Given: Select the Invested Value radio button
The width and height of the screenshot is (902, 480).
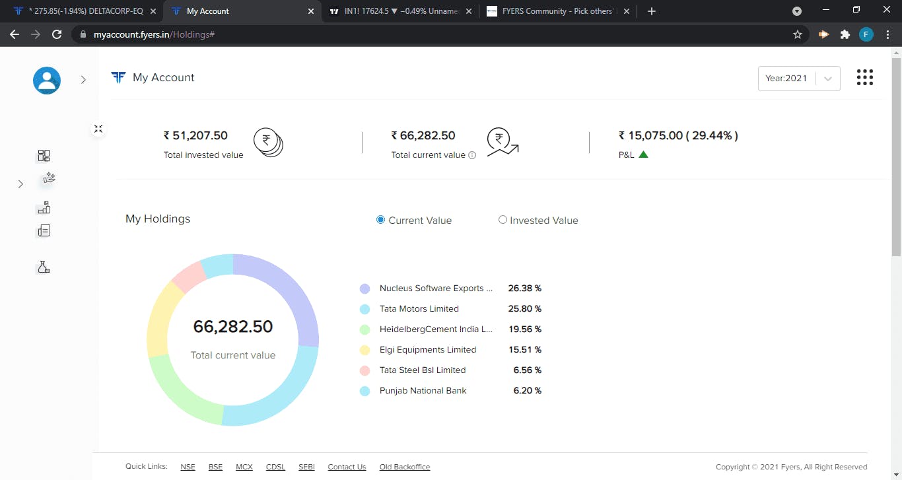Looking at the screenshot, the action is pyautogui.click(x=502, y=220).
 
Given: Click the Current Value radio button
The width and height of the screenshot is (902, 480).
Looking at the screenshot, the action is pyautogui.click(x=380, y=220).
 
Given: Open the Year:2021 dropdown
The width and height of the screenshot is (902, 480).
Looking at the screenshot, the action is pyautogui.click(x=799, y=79).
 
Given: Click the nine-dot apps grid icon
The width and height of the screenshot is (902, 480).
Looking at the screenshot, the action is pyautogui.click(x=864, y=77).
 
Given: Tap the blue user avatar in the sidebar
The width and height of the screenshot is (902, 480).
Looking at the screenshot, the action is pyautogui.click(x=47, y=81).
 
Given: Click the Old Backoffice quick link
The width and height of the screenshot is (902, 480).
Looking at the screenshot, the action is pyautogui.click(x=405, y=467).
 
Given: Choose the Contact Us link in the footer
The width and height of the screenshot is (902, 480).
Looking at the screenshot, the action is pyautogui.click(x=347, y=467).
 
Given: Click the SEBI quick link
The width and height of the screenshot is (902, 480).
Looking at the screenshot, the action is pyautogui.click(x=306, y=467).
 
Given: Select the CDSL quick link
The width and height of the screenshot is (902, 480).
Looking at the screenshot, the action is pyautogui.click(x=275, y=467).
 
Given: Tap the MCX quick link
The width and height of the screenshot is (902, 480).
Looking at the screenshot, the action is pyautogui.click(x=244, y=467).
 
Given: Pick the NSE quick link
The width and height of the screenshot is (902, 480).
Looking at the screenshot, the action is pyautogui.click(x=188, y=467).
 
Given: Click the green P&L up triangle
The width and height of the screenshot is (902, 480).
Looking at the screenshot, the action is pyautogui.click(x=643, y=154).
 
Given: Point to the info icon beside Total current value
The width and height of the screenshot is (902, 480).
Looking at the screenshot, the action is pyautogui.click(x=472, y=155).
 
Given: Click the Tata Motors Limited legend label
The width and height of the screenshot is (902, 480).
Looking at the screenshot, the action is pyautogui.click(x=419, y=309).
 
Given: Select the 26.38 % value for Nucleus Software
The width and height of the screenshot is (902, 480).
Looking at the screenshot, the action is pyautogui.click(x=525, y=289).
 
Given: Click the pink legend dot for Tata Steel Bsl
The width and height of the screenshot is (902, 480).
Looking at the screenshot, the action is pyautogui.click(x=364, y=370).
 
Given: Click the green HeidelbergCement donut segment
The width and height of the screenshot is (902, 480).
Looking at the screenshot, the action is pyautogui.click(x=181, y=392).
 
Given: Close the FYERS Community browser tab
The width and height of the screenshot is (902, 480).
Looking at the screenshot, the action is pyautogui.click(x=627, y=11).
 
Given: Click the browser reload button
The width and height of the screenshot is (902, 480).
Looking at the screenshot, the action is pyautogui.click(x=57, y=34).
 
